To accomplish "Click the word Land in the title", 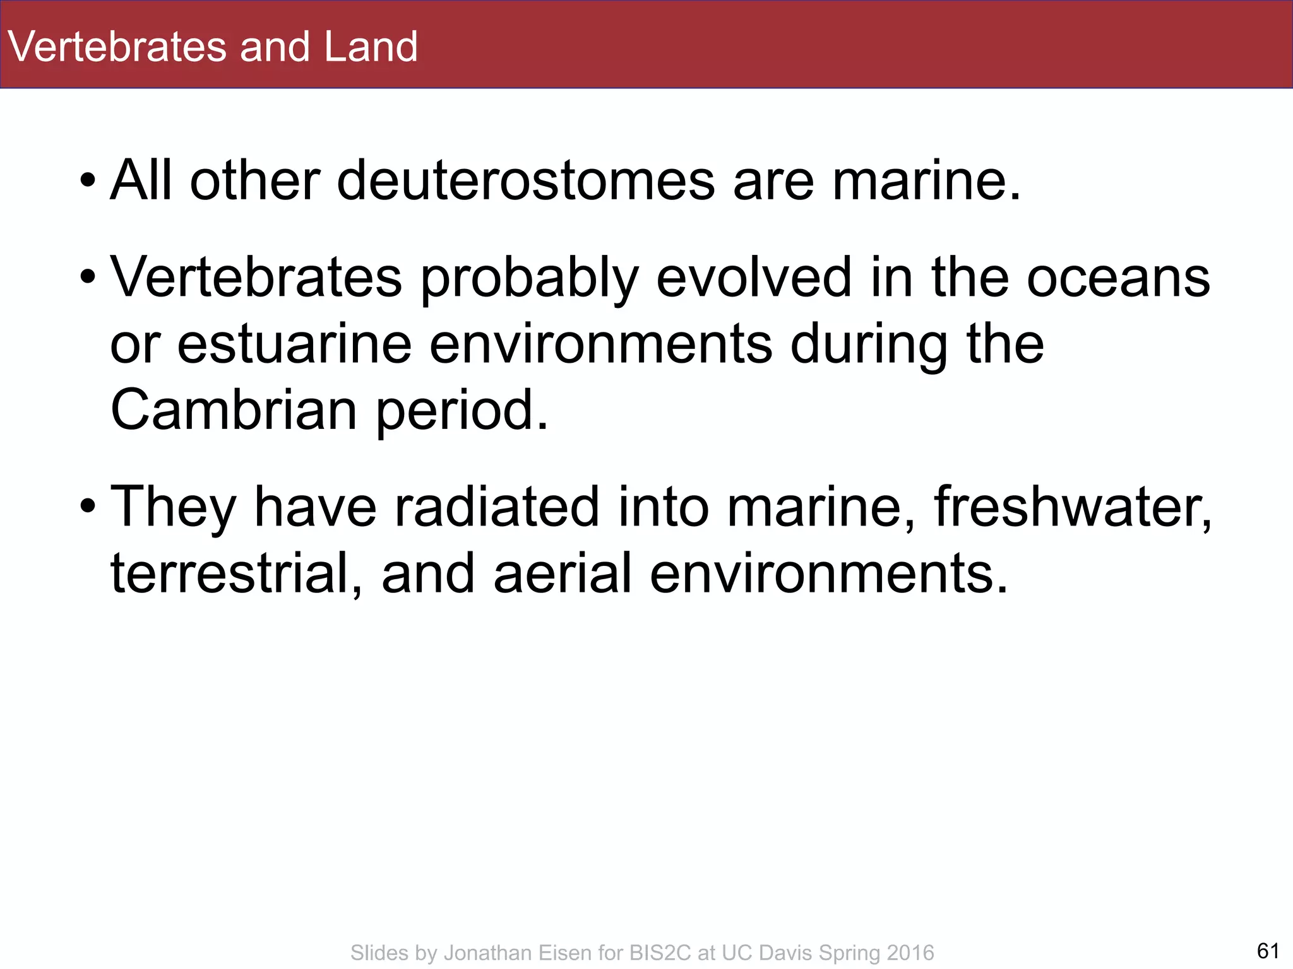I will coord(371,47).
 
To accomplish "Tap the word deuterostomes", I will coord(526,181).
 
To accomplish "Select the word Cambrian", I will coord(234,410).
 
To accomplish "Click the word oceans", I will coord(1118,278).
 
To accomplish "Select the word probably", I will coord(530,279).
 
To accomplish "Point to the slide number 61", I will coord(1268,950).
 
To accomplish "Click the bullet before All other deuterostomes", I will coord(88,182).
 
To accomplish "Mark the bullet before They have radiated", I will coord(88,507).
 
